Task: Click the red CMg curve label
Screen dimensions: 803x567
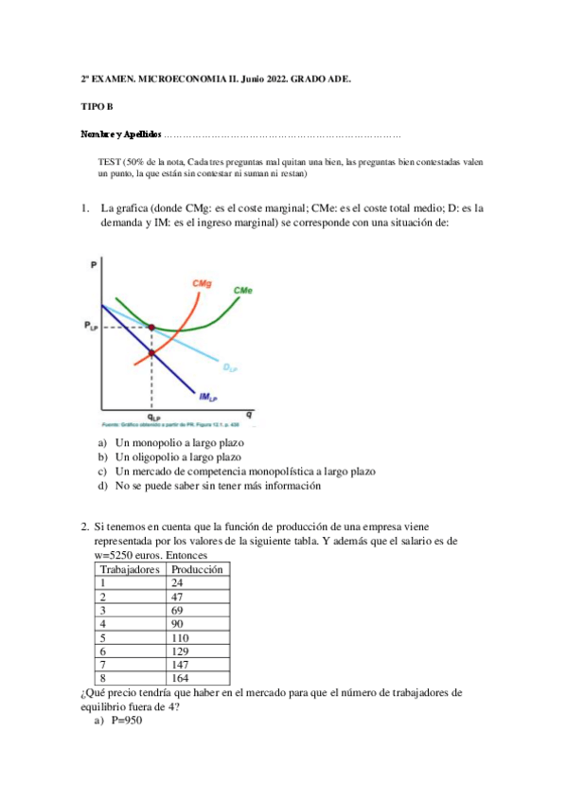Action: point(201,283)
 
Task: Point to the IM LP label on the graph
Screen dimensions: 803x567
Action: point(207,397)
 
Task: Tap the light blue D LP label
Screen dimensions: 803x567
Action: point(230,366)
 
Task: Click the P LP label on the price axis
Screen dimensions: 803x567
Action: point(90,327)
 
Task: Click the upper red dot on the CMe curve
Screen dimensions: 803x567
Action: point(151,327)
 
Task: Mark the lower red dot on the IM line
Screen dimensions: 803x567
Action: point(151,353)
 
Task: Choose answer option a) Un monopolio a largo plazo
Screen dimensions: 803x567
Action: point(179,443)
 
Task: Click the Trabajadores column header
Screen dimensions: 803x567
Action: point(130,570)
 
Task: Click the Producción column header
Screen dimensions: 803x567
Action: point(196,570)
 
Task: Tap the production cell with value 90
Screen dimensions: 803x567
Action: point(178,624)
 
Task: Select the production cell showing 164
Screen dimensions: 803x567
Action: point(181,678)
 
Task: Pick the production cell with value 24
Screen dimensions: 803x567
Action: point(178,583)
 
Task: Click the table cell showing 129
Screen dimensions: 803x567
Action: point(181,651)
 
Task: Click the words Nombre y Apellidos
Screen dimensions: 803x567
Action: point(120,134)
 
